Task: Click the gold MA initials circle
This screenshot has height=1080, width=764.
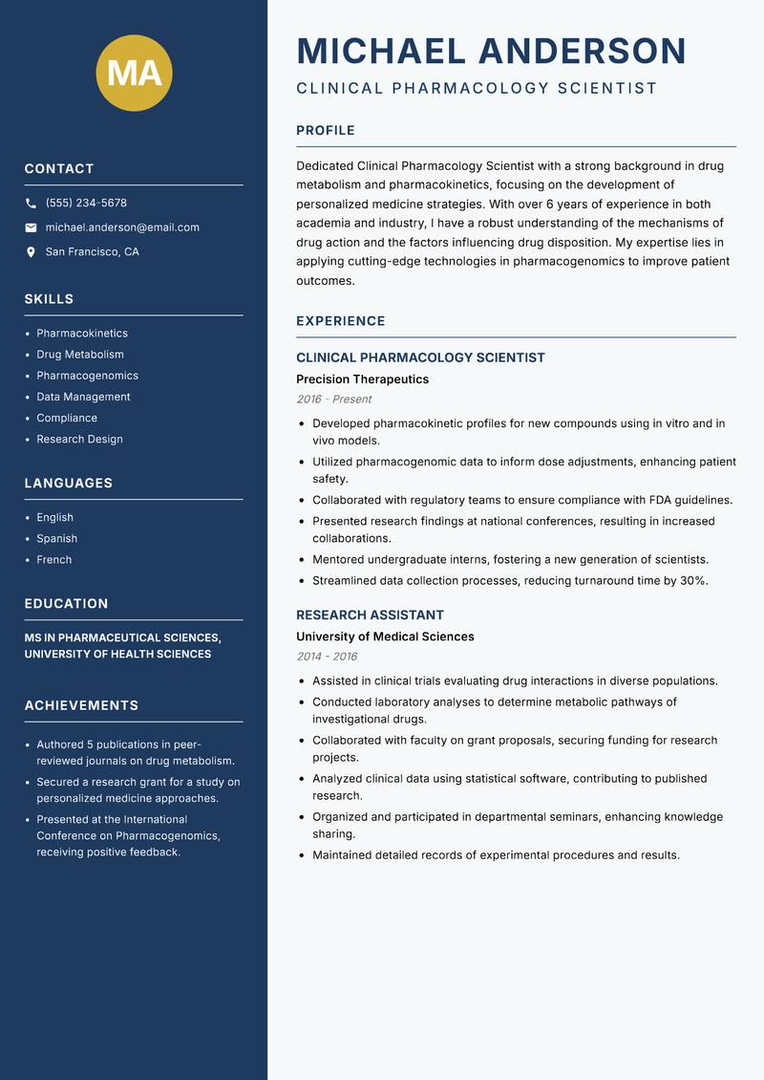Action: point(135,73)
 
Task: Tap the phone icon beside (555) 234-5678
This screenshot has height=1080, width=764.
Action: point(31,204)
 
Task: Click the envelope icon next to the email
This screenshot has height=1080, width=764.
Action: point(31,227)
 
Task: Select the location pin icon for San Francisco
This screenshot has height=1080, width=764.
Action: point(31,252)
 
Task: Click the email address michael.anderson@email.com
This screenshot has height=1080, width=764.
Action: point(122,227)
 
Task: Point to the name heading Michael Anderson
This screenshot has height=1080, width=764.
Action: point(491,51)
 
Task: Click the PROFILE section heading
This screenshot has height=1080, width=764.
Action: point(325,130)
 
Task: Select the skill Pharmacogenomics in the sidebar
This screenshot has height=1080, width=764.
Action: point(87,376)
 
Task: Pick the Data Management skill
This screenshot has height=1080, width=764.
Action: point(83,397)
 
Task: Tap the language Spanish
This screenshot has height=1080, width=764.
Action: point(56,538)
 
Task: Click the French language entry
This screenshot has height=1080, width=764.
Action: point(53,559)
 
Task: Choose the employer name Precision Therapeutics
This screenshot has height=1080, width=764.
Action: point(362,379)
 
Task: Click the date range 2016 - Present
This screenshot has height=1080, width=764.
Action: point(333,400)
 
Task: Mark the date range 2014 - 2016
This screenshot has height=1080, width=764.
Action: point(327,657)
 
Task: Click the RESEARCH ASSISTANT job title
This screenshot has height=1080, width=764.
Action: point(370,615)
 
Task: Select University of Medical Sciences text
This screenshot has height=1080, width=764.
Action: point(385,637)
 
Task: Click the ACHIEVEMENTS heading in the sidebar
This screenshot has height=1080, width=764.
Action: point(81,705)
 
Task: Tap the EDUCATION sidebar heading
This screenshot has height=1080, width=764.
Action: point(66,603)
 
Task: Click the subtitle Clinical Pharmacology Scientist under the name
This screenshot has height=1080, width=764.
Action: point(477,89)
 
